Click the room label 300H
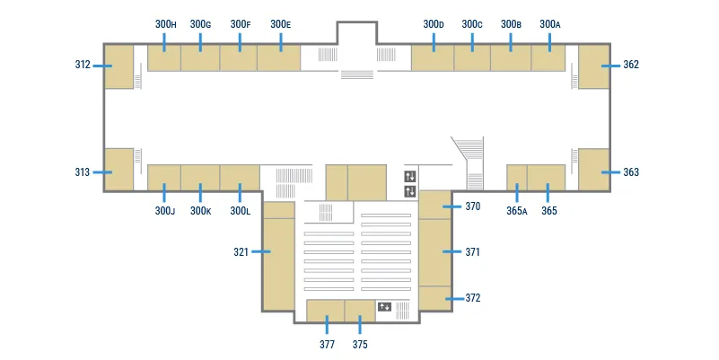coord(165,24)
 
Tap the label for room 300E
coord(281,24)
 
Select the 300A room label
coord(549,24)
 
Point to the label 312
coord(83,65)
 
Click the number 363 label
coord(631,172)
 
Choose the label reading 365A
coord(517,210)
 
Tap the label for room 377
coord(327,344)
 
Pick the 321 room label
coord(241,251)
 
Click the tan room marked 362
coord(594,66)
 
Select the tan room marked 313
coord(118,169)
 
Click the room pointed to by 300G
coord(200,57)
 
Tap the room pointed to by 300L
coord(240,178)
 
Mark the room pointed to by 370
coord(435,205)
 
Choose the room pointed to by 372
coord(435,299)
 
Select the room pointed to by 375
coord(360,311)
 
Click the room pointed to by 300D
coord(433,57)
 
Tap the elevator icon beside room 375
coord(384,306)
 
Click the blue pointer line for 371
coord(452,251)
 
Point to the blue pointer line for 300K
coord(200,193)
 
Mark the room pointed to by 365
coord(546,178)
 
